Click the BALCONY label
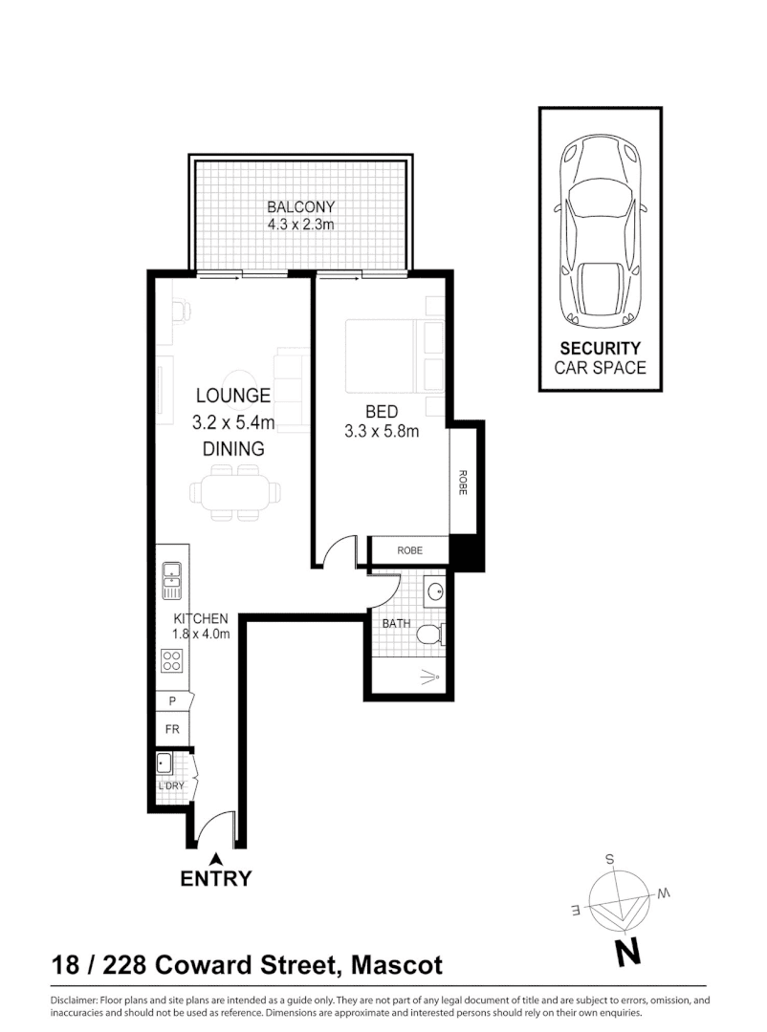301,207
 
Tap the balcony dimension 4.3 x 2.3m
301,225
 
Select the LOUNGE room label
233,395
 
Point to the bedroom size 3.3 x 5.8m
382,431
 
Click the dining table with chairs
235,492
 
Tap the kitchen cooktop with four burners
172,659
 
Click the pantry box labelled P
172,701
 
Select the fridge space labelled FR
172,729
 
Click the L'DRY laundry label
171,786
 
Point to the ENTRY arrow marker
216,857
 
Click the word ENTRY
216,879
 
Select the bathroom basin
435,591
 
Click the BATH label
396,623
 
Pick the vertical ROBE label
463,483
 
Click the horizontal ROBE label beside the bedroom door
409,550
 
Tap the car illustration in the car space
600,229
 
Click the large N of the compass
627,952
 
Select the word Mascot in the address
398,965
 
